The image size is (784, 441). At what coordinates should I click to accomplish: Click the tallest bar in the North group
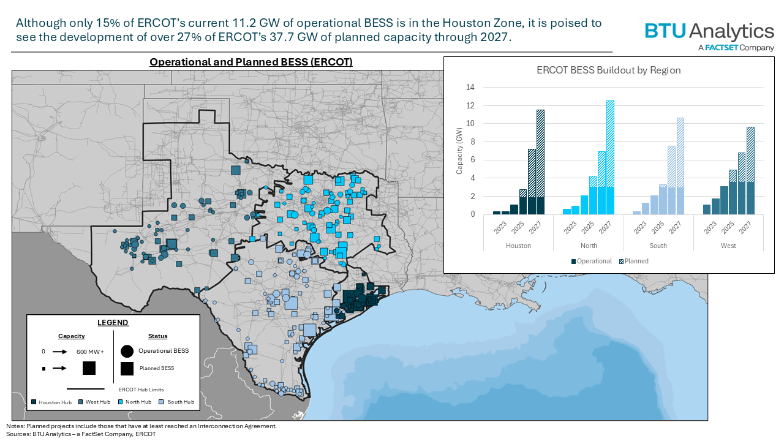(x=610, y=157)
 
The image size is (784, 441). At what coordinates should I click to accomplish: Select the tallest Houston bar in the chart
(x=540, y=162)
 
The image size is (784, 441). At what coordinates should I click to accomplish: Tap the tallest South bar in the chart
(x=680, y=166)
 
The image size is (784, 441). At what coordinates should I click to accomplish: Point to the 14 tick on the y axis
(x=470, y=88)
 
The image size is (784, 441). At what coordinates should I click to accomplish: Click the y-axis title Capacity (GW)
(x=459, y=151)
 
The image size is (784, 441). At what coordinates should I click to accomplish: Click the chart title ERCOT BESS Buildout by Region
(x=608, y=70)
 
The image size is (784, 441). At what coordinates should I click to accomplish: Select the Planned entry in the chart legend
(x=635, y=261)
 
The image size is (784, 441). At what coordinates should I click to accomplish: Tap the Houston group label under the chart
(x=518, y=246)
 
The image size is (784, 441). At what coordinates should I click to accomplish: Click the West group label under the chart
(x=728, y=246)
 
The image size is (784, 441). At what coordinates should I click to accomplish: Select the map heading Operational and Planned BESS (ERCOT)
(x=251, y=62)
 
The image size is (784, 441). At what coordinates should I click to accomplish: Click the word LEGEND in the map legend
(x=113, y=323)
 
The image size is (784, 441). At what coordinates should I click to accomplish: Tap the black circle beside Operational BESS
(x=127, y=351)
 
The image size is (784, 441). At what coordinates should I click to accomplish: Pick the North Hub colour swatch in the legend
(x=120, y=402)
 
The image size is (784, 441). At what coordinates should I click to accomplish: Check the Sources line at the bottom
(x=81, y=434)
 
